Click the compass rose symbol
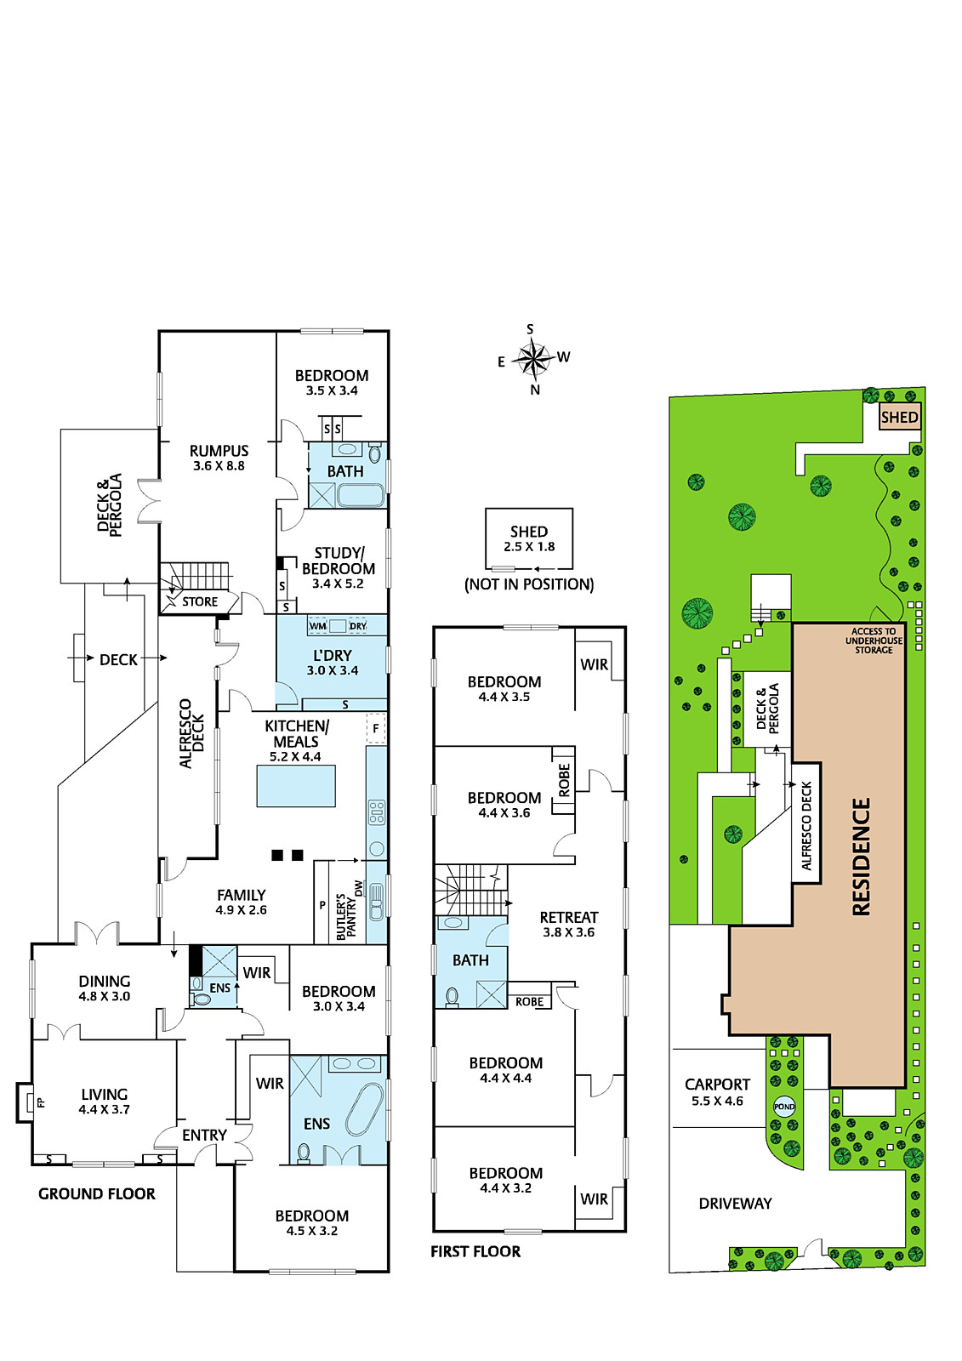click(x=533, y=358)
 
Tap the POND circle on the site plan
click(x=784, y=1107)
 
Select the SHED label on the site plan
click(x=899, y=418)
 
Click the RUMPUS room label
click(x=219, y=451)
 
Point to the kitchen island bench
click(x=295, y=786)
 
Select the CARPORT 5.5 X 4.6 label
click(x=717, y=1092)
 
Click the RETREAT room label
click(x=569, y=917)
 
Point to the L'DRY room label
click(x=333, y=656)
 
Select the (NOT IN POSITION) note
click(x=529, y=584)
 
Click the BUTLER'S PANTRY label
click(x=346, y=916)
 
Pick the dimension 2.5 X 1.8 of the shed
click(x=529, y=547)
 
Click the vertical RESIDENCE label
click(x=861, y=857)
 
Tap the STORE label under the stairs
click(x=200, y=601)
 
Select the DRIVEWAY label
click(x=735, y=1204)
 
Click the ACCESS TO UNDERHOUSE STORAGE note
click(x=874, y=641)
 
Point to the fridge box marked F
click(x=376, y=728)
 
